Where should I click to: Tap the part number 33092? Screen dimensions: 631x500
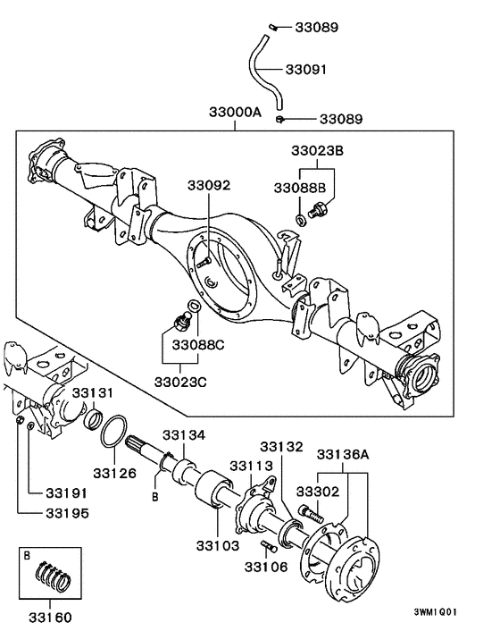(209, 186)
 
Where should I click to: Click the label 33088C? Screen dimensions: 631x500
(198, 344)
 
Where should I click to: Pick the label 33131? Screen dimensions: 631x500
(94, 393)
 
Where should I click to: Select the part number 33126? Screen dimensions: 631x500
(115, 472)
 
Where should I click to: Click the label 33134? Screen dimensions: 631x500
(184, 434)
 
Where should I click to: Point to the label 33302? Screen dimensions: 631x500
(319, 492)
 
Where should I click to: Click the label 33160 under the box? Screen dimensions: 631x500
(50, 617)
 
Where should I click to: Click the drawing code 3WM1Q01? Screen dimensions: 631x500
(436, 613)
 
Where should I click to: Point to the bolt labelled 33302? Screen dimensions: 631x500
(309, 515)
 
